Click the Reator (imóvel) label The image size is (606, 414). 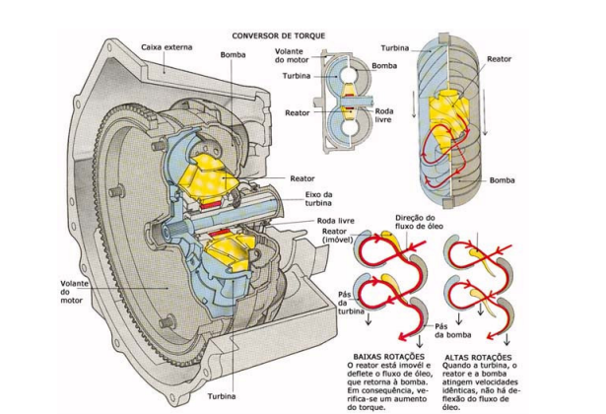340,237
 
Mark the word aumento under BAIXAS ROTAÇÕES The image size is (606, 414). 414,391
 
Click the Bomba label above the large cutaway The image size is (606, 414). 234,54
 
